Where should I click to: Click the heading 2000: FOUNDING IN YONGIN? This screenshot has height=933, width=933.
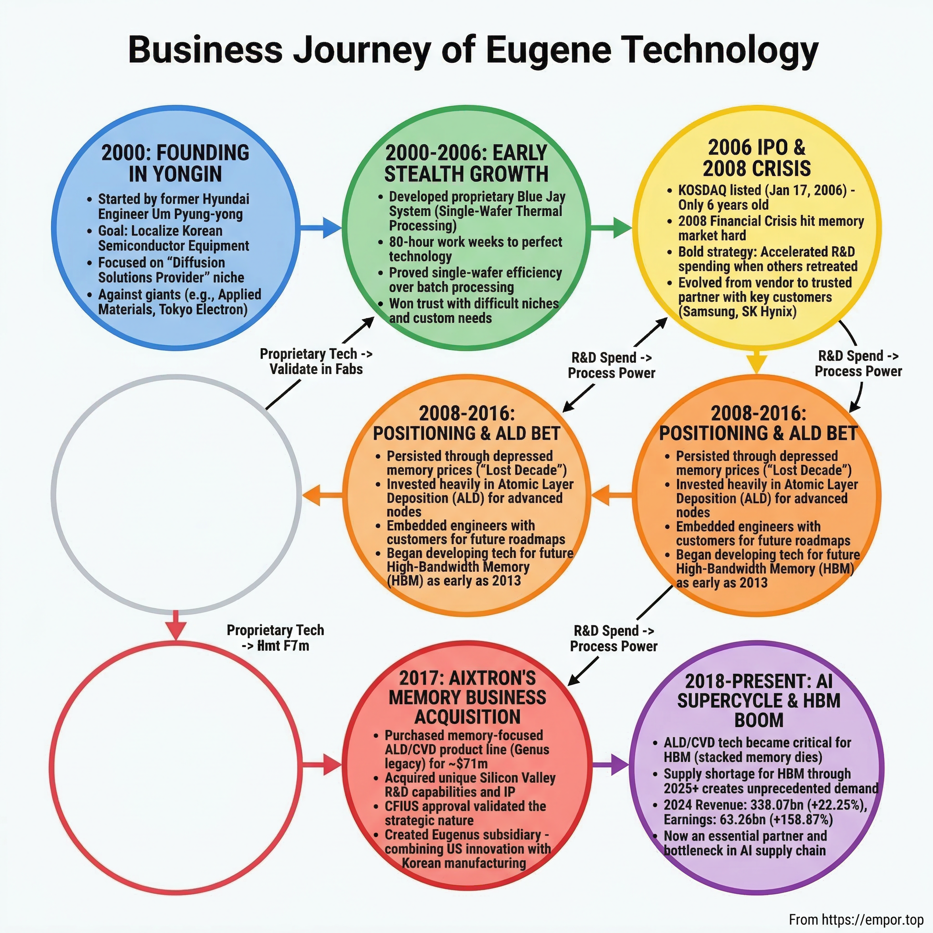click(x=175, y=163)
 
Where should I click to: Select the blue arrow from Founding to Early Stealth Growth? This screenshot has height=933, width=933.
click(x=321, y=227)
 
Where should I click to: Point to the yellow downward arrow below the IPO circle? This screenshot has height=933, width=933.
click(x=757, y=361)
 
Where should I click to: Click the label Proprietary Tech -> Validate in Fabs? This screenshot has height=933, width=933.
click(x=316, y=361)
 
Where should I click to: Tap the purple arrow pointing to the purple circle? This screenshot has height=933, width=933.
click(x=611, y=765)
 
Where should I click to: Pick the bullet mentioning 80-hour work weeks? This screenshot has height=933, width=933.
click(x=475, y=249)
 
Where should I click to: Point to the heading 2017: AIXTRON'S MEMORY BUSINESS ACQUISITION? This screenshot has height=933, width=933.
click(x=467, y=698)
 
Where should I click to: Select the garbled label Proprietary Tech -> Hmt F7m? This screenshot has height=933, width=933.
click(x=275, y=638)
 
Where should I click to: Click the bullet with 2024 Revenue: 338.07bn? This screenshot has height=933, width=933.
click(x=765, y=812)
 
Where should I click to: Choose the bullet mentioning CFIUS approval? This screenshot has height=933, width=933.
click(x=465, y=813)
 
